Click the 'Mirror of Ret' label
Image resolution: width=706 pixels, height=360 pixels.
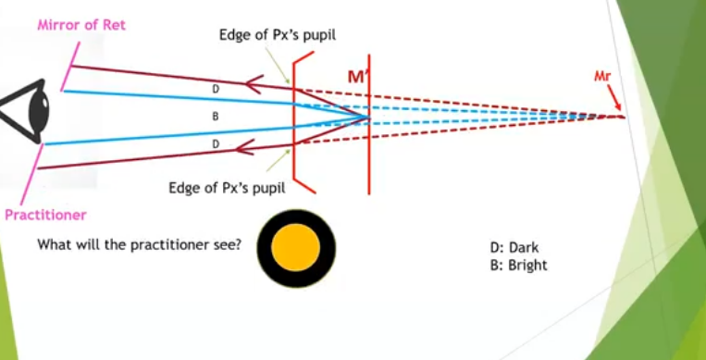coord(81,25)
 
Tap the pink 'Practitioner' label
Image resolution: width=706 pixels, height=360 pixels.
coord(45,215)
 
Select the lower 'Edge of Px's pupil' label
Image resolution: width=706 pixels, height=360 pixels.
coord(227,188)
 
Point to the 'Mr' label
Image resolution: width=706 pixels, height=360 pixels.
coord(603,75)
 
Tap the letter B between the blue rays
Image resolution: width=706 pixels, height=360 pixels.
coord(215,117)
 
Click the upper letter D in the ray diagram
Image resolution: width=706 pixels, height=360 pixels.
coord(215,90)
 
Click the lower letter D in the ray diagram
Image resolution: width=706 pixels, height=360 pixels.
coord(215,144)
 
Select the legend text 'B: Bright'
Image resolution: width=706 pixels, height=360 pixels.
coord(518,265)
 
